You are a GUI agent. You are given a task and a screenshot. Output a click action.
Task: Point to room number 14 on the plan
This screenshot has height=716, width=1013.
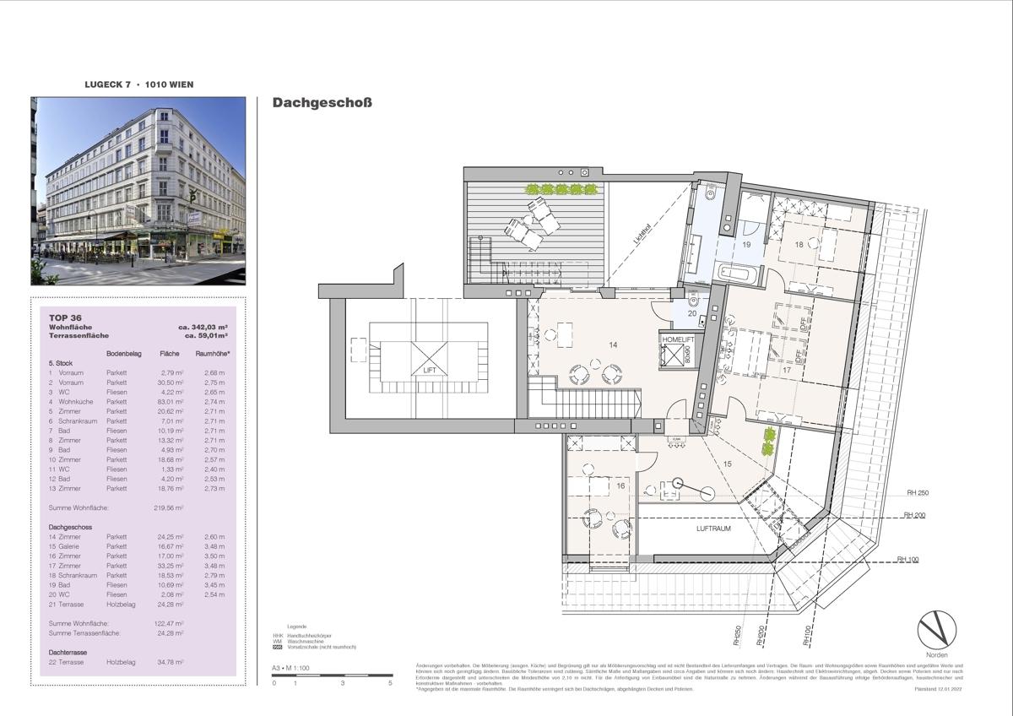[613, 344]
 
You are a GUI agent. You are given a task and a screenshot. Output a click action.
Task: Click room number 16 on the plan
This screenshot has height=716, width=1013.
[620, 486]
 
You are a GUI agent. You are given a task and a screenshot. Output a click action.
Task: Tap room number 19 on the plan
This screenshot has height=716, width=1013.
[746, 244]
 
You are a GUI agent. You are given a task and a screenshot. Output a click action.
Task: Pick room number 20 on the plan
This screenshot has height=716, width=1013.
[692, 313]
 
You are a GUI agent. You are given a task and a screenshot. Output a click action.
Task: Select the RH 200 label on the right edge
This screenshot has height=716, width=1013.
[916, 514]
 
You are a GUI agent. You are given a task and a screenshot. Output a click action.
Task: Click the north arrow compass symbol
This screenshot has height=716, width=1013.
[938, 630]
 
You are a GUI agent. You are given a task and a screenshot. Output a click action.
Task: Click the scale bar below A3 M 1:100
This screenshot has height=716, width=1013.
[333, 675]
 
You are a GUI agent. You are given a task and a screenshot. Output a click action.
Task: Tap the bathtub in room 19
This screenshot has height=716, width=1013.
[738, 272]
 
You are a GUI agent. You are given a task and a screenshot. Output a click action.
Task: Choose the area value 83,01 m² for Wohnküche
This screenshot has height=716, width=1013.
[170, 401]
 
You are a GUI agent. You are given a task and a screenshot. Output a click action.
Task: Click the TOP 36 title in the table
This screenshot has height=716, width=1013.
[66, 317]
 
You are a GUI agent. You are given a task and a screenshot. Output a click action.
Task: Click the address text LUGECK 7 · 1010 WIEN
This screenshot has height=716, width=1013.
[138, 84]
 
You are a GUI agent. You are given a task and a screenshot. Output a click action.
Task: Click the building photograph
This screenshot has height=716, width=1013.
[138, 191]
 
